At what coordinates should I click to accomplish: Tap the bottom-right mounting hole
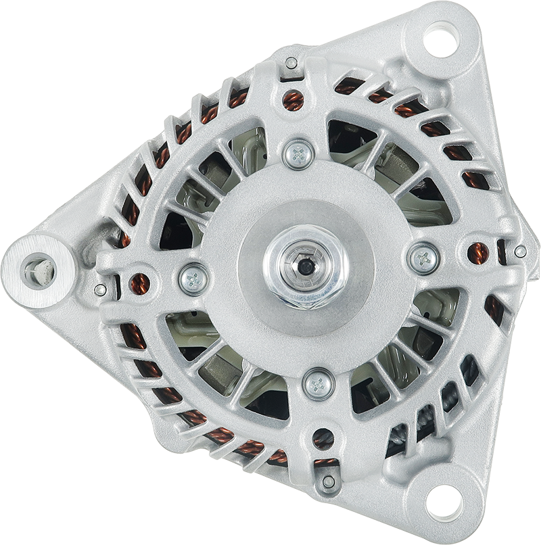(x=444, y=503)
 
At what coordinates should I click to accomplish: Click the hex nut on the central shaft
(x=306, y=266)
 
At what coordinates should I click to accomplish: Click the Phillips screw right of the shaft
(x=424, y=258)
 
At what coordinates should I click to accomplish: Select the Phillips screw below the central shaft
(x=318, y=383)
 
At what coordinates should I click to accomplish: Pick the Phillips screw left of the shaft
(x=193, y=278)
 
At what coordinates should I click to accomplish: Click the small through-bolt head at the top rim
(x=291, y=64)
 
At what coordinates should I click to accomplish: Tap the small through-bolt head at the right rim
(x=520, y=252)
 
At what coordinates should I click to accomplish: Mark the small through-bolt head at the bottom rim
(x=329, y=482)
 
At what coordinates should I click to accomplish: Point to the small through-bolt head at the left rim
(x=100, y=290)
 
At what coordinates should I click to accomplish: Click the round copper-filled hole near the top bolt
(x=293, y=100)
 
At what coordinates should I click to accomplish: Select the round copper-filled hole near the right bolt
(x=477, y=253)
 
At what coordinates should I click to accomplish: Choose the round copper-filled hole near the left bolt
(x=139, y=284)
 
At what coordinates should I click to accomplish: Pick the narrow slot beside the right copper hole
(x=501, y=252)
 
